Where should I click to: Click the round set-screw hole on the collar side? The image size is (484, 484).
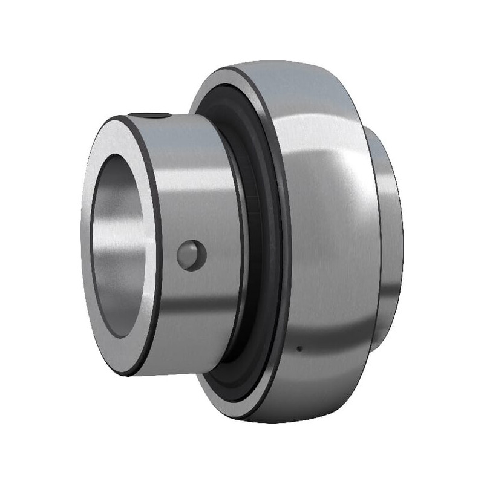pos(192,255)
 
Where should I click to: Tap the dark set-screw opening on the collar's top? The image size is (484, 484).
pos(154,116)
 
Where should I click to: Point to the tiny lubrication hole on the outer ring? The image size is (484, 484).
pos(299,348)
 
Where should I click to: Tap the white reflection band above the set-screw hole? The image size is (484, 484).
pos(194,175)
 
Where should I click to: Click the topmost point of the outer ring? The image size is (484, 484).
pos(266,61)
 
